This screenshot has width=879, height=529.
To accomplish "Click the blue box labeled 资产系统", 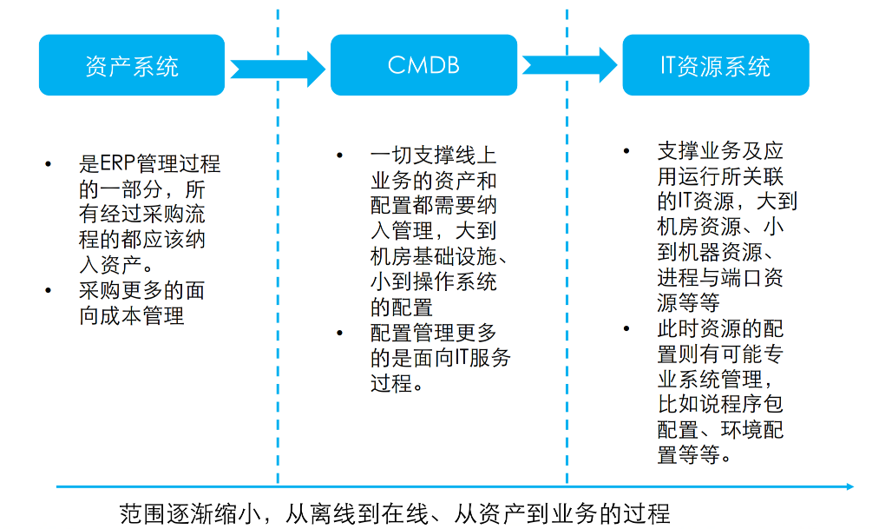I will (x=132, y=65).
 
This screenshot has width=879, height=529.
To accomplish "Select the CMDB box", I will (x=423, y=65).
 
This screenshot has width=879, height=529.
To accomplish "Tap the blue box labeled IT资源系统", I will (x=715, y=65).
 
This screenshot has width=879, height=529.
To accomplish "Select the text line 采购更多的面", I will (x=141, y=290).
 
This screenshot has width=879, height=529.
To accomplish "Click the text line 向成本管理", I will (x=132, y=315).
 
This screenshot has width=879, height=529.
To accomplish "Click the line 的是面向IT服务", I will (x=440, y=358).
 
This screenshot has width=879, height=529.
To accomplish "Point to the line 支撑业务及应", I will (x=720, y=151).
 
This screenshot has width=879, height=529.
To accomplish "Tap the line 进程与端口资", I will (x=720, y=277).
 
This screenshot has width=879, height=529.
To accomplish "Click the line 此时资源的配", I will (x=720, y=328).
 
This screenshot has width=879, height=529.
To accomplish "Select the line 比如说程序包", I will (x=720, y=404).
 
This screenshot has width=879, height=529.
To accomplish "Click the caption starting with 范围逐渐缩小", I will (x=395, y=512).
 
